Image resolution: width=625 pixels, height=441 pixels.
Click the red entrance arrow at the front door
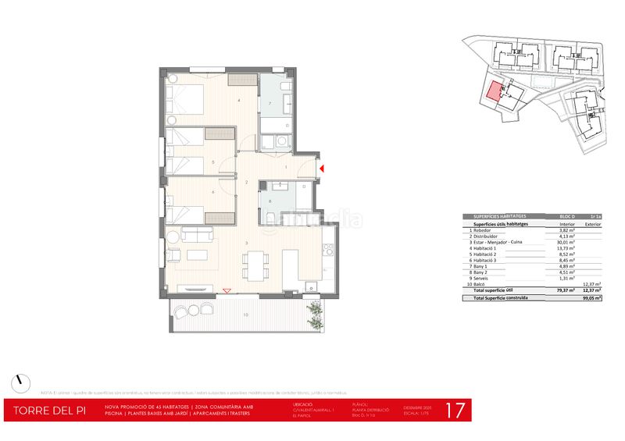click(322, 166)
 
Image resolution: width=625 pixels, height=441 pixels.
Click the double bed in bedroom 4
click(186, 101)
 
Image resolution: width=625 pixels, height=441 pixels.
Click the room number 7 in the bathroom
click(270, 104)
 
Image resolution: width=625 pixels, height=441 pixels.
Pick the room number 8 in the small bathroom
click(270, 202)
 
